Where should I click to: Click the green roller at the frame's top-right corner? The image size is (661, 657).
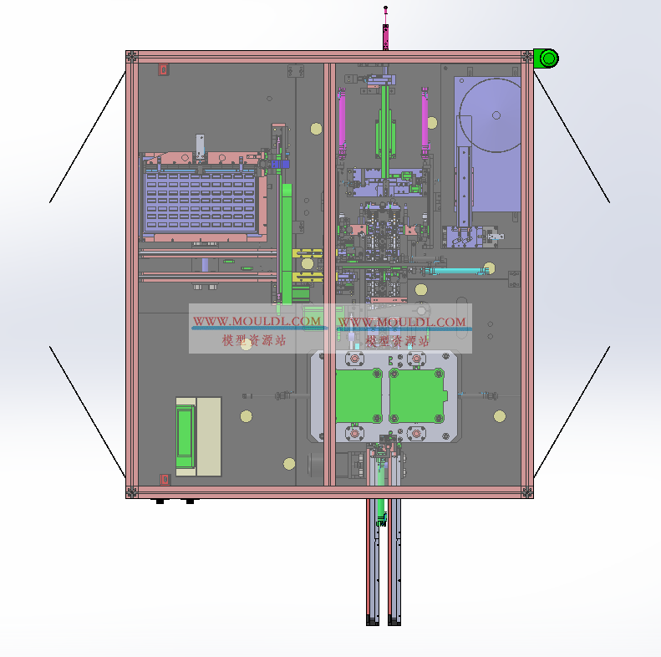coord(547,59)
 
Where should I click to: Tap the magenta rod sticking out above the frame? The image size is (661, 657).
coord(385,28)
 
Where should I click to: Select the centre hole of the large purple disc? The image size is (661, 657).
coord(496,115)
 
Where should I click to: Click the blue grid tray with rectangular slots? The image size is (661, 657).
coord(200,201)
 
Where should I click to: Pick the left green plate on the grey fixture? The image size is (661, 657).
coord(358,395)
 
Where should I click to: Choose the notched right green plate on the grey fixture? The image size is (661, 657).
coord(417,395)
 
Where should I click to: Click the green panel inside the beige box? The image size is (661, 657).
coord(185,436)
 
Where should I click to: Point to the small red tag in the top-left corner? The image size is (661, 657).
coord(164,69)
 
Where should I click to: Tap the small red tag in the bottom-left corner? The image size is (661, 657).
coord(165,480)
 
